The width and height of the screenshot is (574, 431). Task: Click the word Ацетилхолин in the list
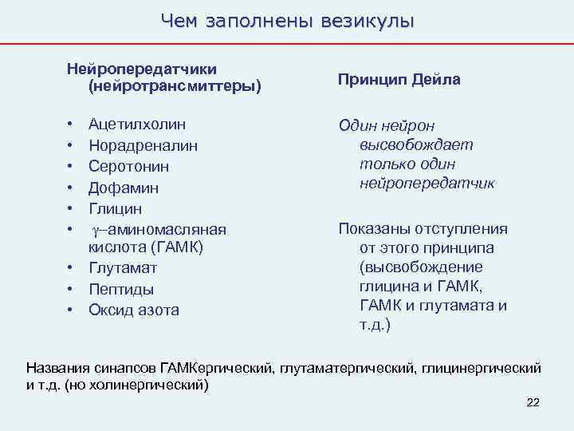point(137,125)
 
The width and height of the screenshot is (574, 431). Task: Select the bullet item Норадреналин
point(143,146)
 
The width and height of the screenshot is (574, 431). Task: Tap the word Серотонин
point(128,167)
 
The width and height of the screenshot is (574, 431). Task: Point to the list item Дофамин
point(124,188)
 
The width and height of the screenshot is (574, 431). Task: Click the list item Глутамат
point(123,267)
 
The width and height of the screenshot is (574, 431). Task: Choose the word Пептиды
point(121,289)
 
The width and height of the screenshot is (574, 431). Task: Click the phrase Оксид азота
point(134,310)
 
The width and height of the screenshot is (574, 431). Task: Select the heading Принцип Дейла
point(399,80)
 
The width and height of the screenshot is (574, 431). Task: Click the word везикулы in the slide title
point(368,21)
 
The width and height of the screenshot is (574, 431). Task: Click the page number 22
point(533,402)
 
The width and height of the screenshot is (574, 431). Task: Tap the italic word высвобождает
point(415,144)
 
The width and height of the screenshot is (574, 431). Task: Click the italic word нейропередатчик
point(427,183)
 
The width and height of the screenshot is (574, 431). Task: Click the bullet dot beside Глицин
point(70,209)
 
